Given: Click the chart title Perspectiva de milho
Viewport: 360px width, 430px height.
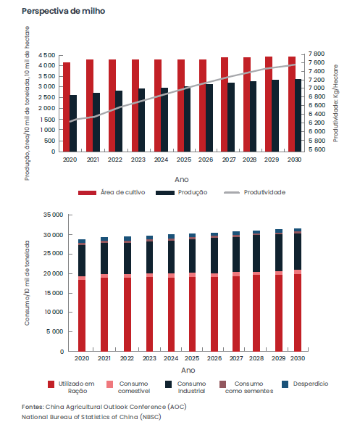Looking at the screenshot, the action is click(x=63, y=11).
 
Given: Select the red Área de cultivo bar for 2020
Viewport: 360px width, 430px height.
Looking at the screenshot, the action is click(x=67, y=107).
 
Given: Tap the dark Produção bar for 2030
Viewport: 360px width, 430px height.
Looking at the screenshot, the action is click(x=298, y=115).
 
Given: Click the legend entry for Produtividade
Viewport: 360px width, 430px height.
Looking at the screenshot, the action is click(x=254, y=192).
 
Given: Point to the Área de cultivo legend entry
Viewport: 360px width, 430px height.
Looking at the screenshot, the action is click(x=112, y=192).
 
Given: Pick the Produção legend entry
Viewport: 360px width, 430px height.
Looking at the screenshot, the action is click(x=181, y=192).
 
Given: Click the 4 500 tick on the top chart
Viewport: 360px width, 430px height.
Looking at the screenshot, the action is click(x=47, y=55).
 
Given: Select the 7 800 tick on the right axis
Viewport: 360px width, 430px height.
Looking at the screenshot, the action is click(x=317, y=54).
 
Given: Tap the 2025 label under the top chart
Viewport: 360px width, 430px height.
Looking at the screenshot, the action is click(x=184, y=160).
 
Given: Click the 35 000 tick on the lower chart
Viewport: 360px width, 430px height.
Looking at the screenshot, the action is click(x=53, y=215).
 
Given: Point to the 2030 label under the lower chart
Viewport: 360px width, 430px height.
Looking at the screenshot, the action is click(x=298, y=358).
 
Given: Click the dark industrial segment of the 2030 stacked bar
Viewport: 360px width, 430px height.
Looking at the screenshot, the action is click(x=298, y=252).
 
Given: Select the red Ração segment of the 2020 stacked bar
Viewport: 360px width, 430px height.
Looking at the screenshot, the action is click(x=82, y=315).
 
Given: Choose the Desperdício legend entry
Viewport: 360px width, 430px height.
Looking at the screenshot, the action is click(x=305, y=384).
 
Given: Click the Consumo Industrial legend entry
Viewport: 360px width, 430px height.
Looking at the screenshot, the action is click(x=185, y=387).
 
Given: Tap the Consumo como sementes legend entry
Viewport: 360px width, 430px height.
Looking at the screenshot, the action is click(x=246, y=387).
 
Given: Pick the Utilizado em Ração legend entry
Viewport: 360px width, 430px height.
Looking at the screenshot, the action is click(x=71, y=387).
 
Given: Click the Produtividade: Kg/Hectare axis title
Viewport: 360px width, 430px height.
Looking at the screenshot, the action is click(x=335, y=103).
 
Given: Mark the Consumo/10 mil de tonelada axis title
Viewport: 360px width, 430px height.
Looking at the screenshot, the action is click(x=27, y=283).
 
